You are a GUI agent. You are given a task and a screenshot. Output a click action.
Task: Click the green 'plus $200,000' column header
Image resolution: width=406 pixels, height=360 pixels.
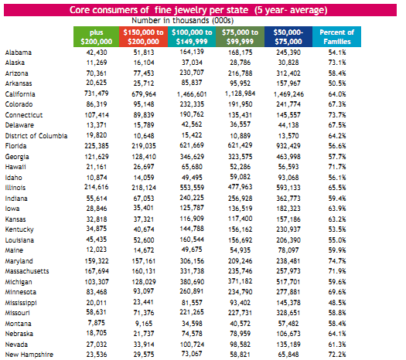97,37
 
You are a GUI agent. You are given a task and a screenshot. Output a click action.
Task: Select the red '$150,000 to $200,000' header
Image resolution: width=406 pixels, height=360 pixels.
143,37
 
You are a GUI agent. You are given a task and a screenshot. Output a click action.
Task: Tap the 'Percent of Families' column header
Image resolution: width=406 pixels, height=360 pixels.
336,37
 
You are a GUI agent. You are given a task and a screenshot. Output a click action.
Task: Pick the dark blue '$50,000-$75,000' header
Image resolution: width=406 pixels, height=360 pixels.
288,37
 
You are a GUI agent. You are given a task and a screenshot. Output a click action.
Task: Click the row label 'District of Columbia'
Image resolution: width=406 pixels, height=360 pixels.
36,136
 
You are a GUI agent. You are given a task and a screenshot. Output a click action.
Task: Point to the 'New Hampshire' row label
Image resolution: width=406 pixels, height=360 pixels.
29,355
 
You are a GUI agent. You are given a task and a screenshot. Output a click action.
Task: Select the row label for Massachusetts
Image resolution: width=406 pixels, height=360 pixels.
27,271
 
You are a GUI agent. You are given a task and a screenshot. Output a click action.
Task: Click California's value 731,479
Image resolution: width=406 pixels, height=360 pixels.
97,93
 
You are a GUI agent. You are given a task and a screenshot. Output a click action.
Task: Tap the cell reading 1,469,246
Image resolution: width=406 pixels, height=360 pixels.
288,94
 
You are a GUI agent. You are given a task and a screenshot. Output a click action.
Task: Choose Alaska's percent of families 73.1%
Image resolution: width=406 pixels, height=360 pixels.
337,63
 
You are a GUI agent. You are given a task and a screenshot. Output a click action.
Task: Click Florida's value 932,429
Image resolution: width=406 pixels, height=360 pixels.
288,146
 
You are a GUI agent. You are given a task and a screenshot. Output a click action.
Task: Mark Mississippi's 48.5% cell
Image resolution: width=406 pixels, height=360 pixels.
337,303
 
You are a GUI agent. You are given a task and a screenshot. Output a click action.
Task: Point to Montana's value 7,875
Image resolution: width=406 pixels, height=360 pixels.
97,323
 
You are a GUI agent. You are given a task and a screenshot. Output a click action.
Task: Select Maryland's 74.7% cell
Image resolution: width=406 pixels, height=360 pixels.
337,261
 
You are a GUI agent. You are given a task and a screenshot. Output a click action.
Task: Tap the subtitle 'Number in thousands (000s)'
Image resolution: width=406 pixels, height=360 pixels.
183,20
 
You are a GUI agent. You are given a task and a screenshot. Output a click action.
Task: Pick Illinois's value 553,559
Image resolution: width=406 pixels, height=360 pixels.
192,188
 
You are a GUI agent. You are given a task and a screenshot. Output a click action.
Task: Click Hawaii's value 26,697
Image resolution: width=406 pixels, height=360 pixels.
144,167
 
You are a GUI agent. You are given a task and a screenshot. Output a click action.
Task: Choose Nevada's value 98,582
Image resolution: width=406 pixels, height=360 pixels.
241,345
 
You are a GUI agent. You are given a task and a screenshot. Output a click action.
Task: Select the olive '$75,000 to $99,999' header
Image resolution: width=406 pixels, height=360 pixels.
240,37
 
